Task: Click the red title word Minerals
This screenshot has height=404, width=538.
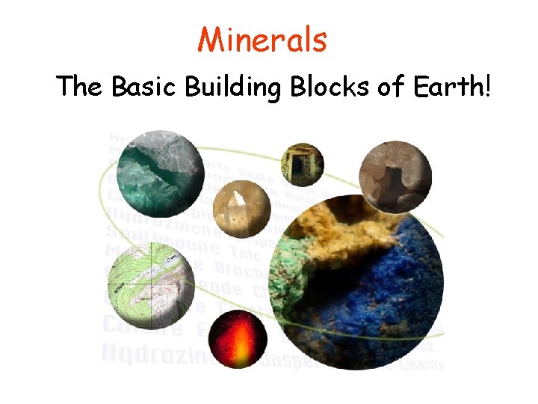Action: pos(262,40)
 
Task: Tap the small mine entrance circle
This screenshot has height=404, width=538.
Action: pos(302,164)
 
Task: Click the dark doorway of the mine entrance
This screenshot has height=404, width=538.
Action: pos(302,166)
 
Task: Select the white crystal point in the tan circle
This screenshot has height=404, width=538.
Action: pos(238,202)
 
